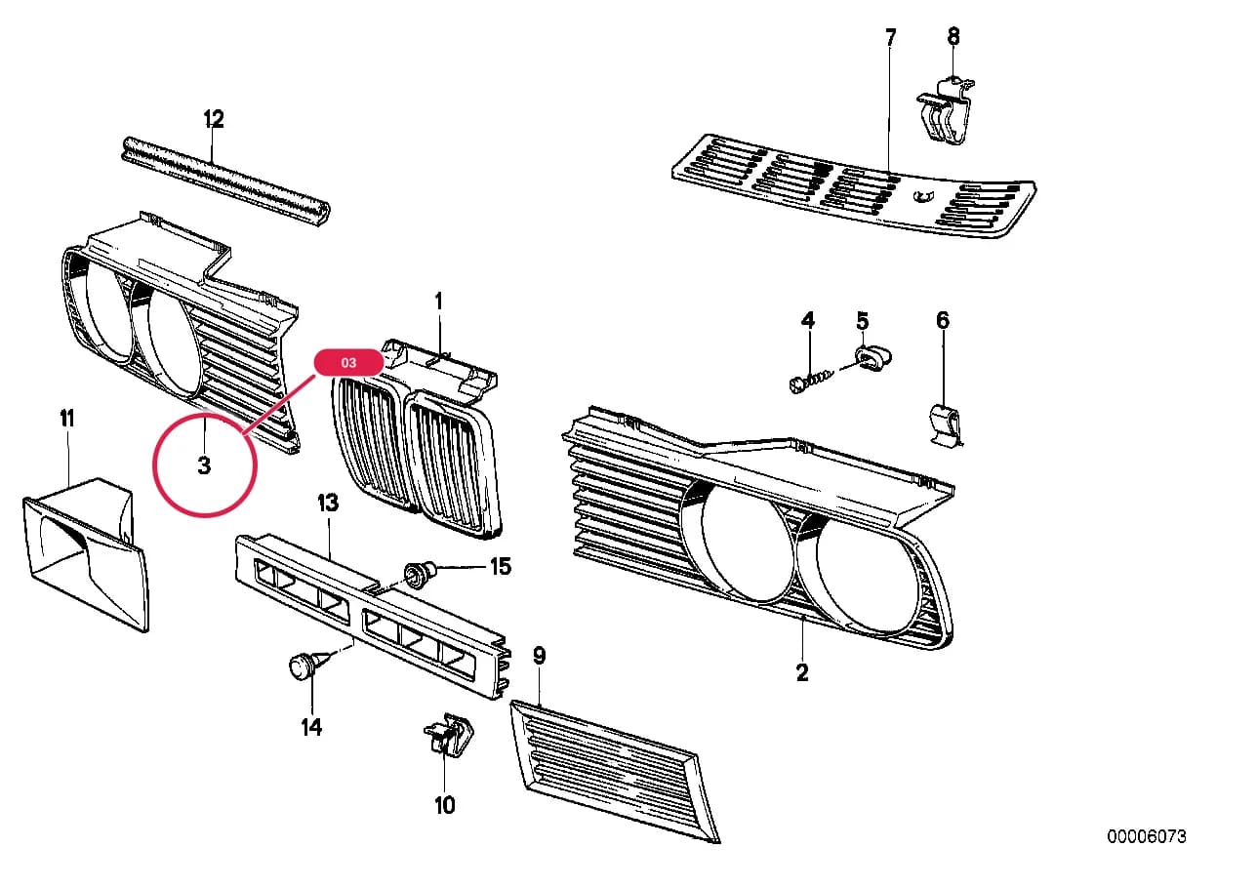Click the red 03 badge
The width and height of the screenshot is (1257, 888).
click(348, 362)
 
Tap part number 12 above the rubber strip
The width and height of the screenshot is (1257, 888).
click(213, 118)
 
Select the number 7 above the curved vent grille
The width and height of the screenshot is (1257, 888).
click(891, 37)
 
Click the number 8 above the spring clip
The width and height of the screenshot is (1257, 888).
click(953, 36)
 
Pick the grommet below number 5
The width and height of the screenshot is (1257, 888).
click(872, 358)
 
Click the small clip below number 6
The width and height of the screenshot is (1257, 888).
click(946, 424)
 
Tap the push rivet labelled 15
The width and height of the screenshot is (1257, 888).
click(421, 575)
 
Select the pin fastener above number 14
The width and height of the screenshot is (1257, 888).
click(309, 666)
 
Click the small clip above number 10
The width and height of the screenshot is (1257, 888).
click(448, 735)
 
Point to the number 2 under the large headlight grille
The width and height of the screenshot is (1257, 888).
click(802, 672)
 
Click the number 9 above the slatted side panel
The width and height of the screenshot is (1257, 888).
click(539, 655)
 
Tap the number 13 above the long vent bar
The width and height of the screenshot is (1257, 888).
click(328, 503)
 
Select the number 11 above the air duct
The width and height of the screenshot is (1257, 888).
click(66, 419)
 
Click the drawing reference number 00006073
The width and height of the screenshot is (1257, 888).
click(1147, 837)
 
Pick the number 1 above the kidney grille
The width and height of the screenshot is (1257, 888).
click(438, 302)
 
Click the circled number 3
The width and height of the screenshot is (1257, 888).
click(204, 465)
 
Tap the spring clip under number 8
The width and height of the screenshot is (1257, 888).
click(946, 110)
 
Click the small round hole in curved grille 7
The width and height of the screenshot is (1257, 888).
click(921, 196)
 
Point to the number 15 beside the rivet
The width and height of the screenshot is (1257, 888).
click(501, 567)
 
